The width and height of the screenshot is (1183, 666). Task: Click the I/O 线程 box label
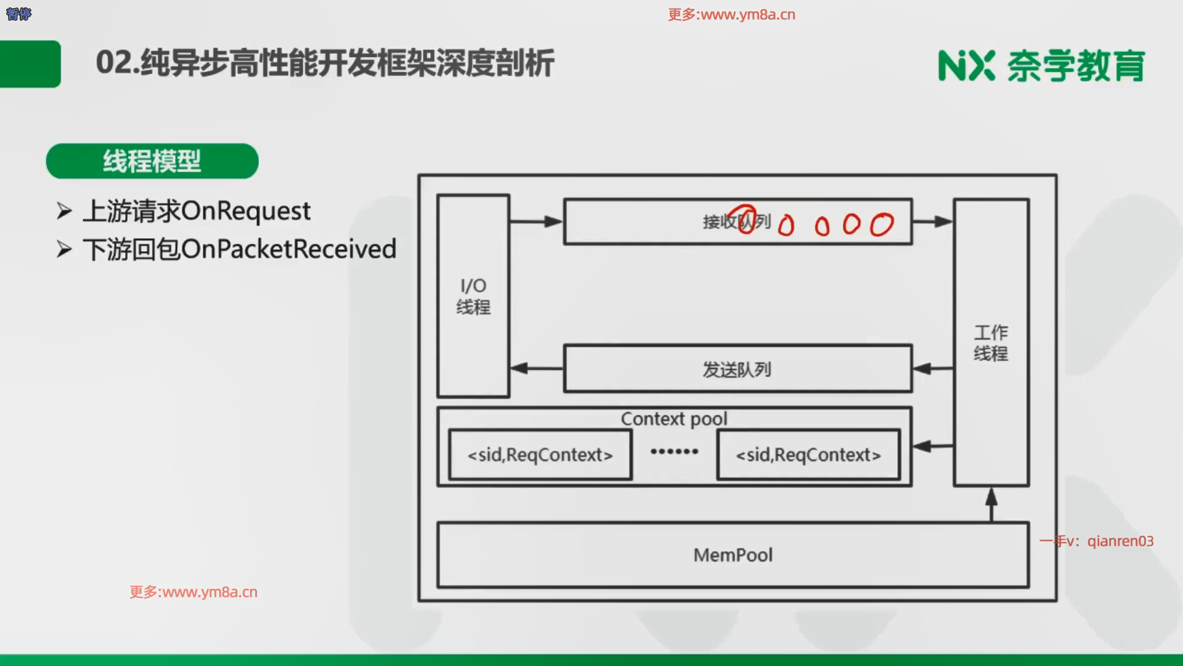point(473,296)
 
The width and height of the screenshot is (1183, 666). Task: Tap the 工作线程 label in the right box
point(991,343)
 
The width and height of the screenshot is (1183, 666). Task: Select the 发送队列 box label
point(737,369)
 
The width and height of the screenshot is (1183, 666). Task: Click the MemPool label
point(733,555)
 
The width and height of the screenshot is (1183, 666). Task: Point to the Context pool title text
point(673,419)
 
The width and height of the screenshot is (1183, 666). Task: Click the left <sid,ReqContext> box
point(540,455)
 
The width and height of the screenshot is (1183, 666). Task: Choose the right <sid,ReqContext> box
point(808,455)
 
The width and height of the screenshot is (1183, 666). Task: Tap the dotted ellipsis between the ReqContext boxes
point(674,451)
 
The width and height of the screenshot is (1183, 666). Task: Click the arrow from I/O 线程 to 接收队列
point(536,221)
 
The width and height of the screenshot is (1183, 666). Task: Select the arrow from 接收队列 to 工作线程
point(932,221)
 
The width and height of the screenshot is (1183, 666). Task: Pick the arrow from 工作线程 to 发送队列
point(932,369)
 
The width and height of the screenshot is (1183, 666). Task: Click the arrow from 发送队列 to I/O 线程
point(536,369)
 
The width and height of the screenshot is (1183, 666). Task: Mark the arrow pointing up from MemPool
point(991,504)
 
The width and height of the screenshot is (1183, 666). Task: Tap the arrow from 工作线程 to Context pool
point(932,446)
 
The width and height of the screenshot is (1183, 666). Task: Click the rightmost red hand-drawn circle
point(882,224)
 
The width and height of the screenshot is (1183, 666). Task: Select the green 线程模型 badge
point(152,162)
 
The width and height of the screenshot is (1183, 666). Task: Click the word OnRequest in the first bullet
point(246,211)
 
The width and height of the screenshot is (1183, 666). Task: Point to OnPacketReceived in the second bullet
point(289,249)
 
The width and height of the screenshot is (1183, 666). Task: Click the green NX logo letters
point(966,65)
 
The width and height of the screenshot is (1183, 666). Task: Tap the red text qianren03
point(1120,541)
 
